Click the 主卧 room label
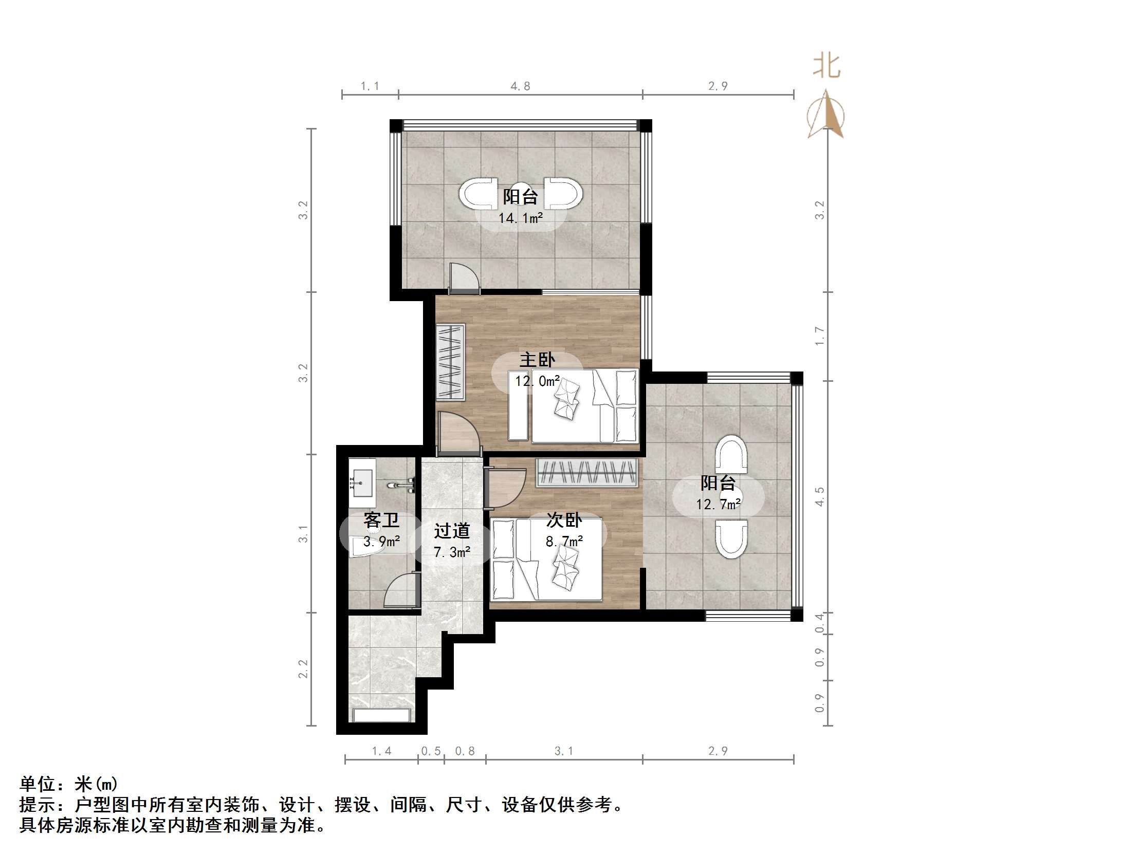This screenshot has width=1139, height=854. coord(537,359)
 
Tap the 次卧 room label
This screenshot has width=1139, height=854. coord(564,520)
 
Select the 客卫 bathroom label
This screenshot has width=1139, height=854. coord(381,520)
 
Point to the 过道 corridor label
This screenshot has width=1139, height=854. coord(452,531)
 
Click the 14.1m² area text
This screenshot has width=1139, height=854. coord(520,218)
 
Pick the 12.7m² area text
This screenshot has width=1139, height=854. coord(719,505)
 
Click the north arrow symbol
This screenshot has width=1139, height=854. coord(826,116)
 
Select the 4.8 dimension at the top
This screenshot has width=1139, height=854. coord(520,86)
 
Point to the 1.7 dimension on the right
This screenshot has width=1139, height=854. coord(819,336)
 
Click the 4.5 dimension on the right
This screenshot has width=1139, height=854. coord(819,497)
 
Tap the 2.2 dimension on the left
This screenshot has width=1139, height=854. coord(303,669)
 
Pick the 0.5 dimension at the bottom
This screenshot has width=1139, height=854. coord(431,751)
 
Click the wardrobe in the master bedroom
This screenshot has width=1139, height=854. coord(451,362)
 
